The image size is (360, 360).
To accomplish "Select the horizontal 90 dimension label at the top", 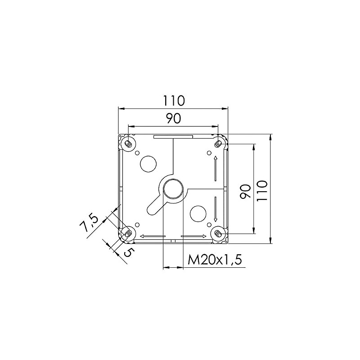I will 173,119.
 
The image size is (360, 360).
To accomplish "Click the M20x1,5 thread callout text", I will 215,260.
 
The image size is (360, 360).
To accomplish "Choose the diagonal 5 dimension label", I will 127,252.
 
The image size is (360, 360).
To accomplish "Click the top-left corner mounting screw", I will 128,144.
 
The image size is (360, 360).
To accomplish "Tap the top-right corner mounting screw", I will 218,144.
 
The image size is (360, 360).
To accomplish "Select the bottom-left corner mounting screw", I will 128,233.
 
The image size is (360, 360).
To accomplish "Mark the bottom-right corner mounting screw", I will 218,233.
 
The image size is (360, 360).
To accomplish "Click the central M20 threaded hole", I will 173,189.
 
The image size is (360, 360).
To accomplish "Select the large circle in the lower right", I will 198,214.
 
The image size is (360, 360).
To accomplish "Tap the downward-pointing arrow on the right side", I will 216,209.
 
